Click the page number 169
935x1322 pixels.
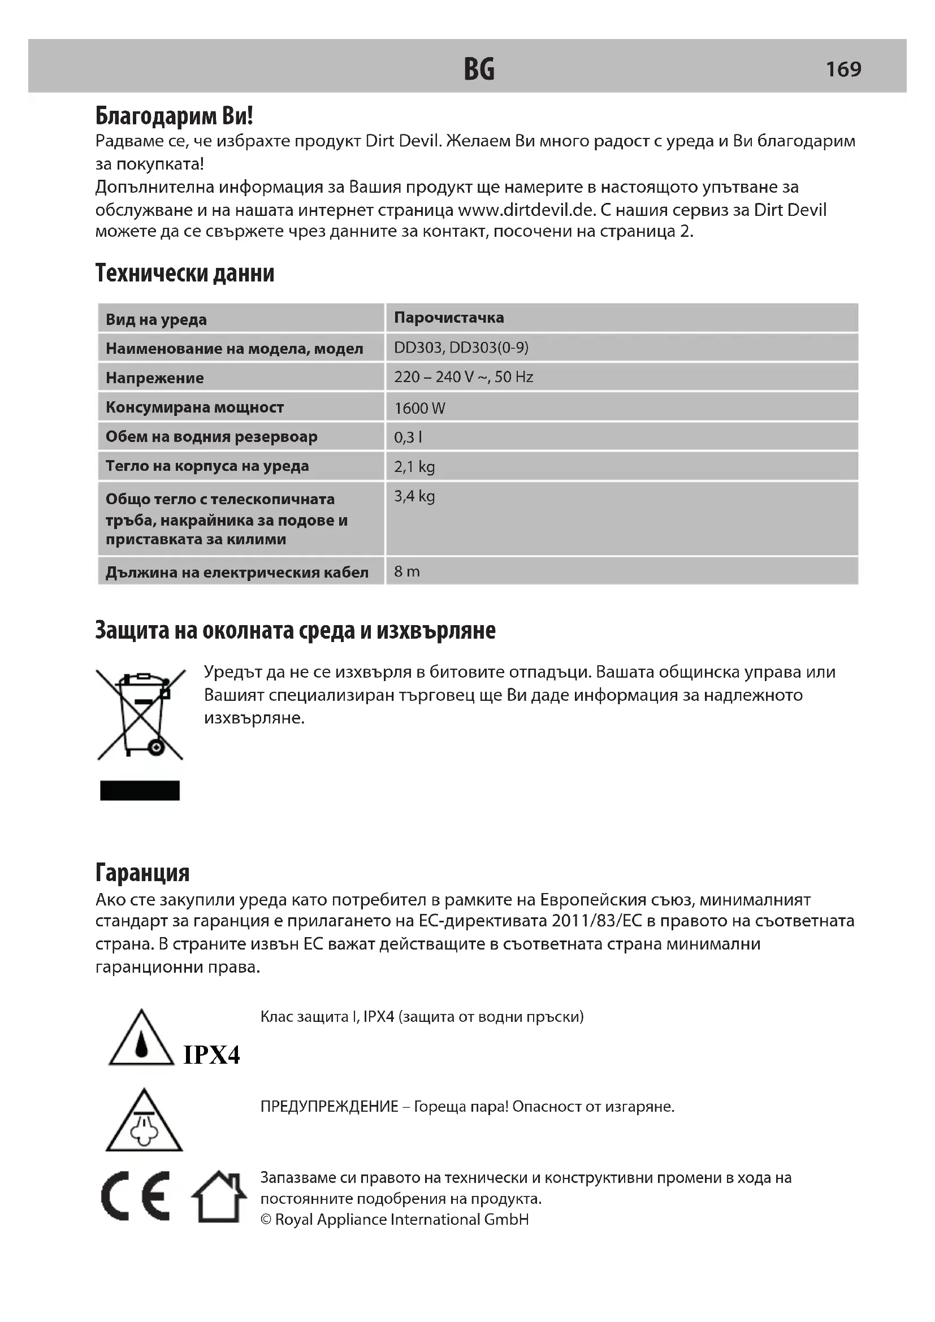(x=843, y=69)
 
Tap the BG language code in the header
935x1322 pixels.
(x=479, y=69)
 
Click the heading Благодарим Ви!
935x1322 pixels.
(x=174, y=116)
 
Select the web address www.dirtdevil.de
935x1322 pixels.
(x=525, y=210)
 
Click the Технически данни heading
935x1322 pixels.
(x=184, y=273)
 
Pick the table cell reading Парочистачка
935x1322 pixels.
(x=448, y=317)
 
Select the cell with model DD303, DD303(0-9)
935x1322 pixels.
(x=461, y=347)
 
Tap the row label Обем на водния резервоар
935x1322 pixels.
(x=211, y=436)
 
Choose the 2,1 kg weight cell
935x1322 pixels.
(x=414, y=466)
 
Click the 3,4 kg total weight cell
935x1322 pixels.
(x=414, y=496)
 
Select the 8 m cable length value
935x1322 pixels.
(x=406, y=571)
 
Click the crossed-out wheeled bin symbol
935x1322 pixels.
(x=141, y=714)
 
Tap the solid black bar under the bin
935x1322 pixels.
(x=140, y=791)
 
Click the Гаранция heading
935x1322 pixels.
(x=142, y=873)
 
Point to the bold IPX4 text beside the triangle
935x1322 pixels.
(x=211, y=1055)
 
